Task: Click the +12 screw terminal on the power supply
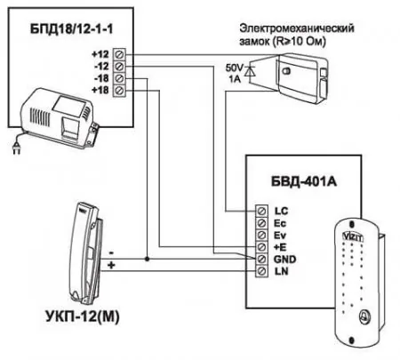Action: tap(119, 54)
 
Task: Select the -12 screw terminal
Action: tap(119, 67)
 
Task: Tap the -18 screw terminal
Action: tap(119, 78)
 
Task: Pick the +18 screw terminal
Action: tap(119, 90)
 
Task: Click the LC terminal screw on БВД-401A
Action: tap(261, 211)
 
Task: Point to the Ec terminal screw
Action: tap(261, 223)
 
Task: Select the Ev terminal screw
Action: tap(261, 235)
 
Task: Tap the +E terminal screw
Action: tap(261, 247)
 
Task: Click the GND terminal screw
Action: tap(261, 259)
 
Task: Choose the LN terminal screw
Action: tap(261, 271)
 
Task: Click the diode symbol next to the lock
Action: tap(251, 71)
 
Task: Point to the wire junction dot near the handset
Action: tap(147, 259)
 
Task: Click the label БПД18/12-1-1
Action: tap(71, 29)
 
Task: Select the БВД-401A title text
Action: tap(304, 181)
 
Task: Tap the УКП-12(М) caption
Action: tap(83, 316)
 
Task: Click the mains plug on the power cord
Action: tap(16, 148)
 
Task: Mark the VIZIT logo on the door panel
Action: tap(353, 236)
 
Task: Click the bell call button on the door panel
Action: tap(364, 316)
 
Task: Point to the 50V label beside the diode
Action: tap(235, 68)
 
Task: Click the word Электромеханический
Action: tap(297, 28)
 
